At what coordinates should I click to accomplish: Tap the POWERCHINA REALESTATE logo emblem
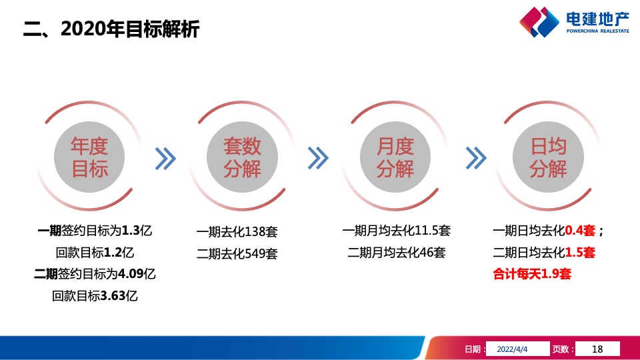(x=539, y=21)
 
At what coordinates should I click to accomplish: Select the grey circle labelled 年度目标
(x=89, y=158)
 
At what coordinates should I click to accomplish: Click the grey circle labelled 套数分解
(x=242, y=158)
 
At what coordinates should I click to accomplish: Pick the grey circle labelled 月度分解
(x=395, y=158)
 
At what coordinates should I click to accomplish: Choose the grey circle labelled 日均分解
(x=547, y=158)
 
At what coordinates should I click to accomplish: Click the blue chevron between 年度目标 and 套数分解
(x=165, y=158)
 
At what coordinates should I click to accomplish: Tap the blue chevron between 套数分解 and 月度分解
(x=319, y=158)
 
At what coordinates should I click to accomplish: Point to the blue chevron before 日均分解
(x=475, y=158)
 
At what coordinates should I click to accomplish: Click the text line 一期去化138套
(x=237, y=233)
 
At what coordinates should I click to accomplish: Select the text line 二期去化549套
(x=237, y=254)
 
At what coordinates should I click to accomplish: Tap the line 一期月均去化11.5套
(x=396, y=231)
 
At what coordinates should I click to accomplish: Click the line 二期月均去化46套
(x=396, y=253)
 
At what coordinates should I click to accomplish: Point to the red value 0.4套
(x=579, y=231)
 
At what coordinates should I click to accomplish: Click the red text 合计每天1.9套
(x=531, y=274)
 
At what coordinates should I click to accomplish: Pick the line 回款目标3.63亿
(x=95, y=295)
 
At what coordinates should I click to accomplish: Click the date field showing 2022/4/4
(x=517, y=349)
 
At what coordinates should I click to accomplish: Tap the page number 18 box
(x=597, y=349)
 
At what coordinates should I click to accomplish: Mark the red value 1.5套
(x=580, y=253)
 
